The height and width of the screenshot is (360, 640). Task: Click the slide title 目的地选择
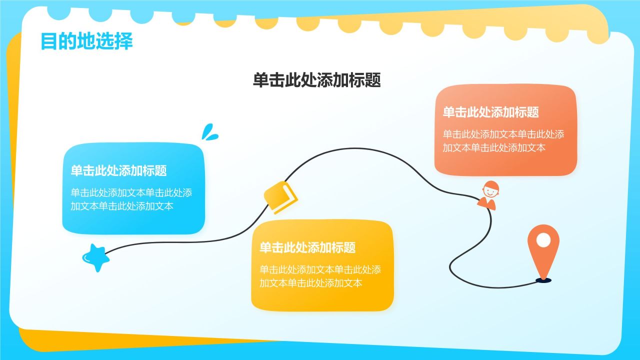[86, 41]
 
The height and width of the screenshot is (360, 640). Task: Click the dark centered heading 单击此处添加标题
[317, 80]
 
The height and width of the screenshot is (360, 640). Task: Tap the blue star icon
[96, 258]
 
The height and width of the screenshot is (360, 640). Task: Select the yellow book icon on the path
[280, 197]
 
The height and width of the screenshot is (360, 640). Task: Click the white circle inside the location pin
[543, 240]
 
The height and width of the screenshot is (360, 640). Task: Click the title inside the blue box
[118, 171]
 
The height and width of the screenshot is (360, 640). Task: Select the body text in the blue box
[131, 199]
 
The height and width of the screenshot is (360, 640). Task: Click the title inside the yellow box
[307, 247]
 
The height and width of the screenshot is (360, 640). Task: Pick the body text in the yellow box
[320, 276]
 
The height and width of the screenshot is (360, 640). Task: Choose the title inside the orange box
[490, 112]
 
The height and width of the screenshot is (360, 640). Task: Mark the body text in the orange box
[503, 140]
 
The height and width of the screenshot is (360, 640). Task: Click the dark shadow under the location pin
[543, 280]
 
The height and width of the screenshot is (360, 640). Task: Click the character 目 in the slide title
[47, 41]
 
